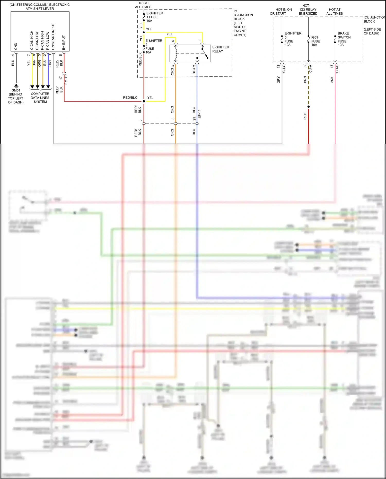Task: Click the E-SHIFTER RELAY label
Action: [x=220, y=49]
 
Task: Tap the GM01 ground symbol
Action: [x=16, y=86]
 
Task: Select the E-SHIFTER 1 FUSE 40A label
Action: [x=154, y=17]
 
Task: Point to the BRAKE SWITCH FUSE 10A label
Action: [x=344, y=39]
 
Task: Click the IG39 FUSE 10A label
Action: [x=315, y=41]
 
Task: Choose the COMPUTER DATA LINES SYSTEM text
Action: [x=40, y=98]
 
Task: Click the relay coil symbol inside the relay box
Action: [x=176, y=54]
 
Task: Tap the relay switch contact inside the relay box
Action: [x=205, y=53]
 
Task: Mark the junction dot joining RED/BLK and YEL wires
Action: [x=144, y=101]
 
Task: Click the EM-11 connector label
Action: [x=66, y=80]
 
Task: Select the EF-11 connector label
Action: [x=199, y=114]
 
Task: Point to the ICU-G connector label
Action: [x=284, y=69]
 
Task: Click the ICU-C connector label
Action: [x=337, y=69]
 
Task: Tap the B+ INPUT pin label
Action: [x=64, y=42]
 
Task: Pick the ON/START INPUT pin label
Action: [x=53, y=37]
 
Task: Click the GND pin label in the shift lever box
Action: [x=16, y=46]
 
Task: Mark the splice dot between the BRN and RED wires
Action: [x=309, y=107]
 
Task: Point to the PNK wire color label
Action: [x=332, y=80]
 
